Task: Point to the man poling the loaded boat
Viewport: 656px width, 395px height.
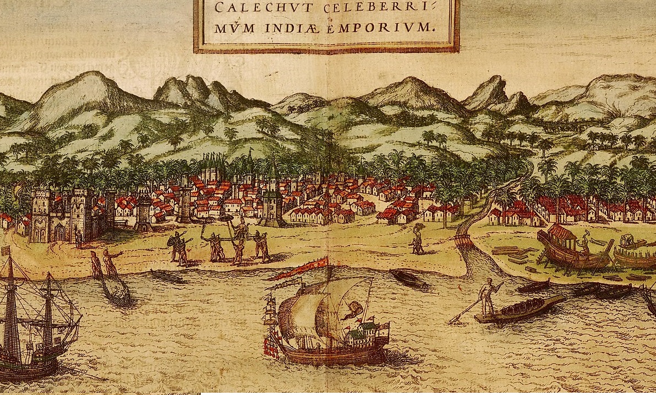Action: tap(487, 298)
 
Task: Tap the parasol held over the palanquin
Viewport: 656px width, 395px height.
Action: tap(226, 220)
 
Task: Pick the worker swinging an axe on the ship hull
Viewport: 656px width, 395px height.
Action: tap(585, 242)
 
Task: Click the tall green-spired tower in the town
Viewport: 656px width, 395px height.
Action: tap(273, 193)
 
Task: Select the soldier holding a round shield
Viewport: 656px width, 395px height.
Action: tap(176, 245)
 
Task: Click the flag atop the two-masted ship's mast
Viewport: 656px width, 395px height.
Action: tap(7, 251)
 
